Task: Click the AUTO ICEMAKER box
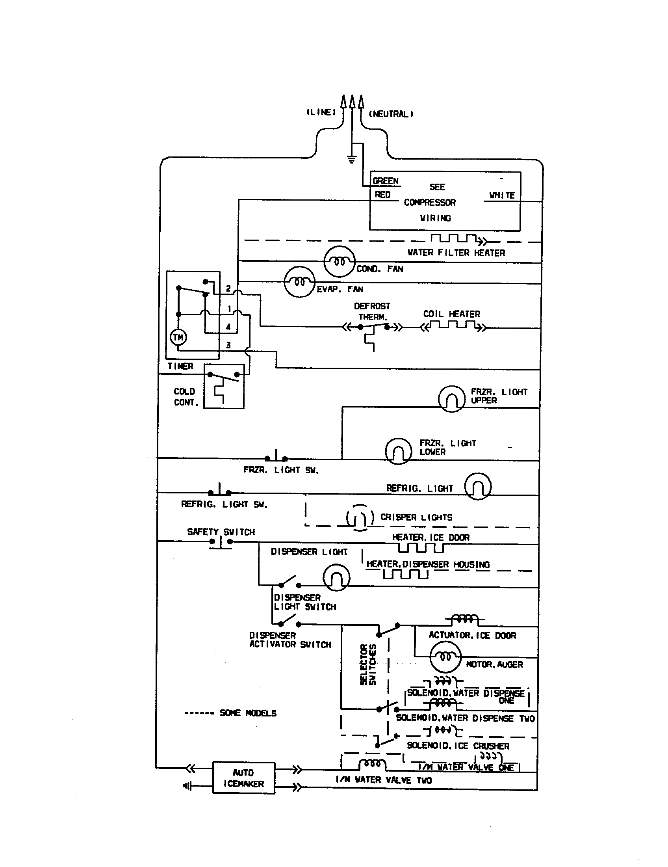click(x=243, y=778)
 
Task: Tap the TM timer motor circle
click(x=178, y=337)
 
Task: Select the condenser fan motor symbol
click(x=339, y=261)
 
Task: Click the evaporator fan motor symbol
click(x=300, y=282)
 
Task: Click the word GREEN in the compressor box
click(x=385, y=181)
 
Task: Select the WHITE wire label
click(x=502, y=195)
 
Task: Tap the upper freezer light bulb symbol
click(x=451, y=399)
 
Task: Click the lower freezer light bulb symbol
click(x=398, y=451)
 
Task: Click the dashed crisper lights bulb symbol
click(x=360, y=518)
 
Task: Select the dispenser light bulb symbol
click(x=336, y=578)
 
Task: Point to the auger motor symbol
click(x=445, y=657)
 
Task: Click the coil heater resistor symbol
click(x=453, y=326)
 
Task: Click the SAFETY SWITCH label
click(x=221, y=532)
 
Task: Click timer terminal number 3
click(x=228, y=345)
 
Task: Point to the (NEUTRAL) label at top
click(x=391, y=114)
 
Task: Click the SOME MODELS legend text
click(x=248, y=713)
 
